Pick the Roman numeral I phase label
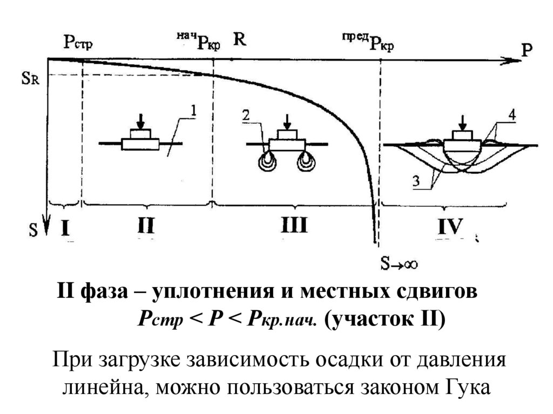pos(65,227)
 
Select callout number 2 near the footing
pos(246,115)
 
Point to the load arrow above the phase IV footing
pos(462,121)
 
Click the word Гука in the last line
pos(467,387)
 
